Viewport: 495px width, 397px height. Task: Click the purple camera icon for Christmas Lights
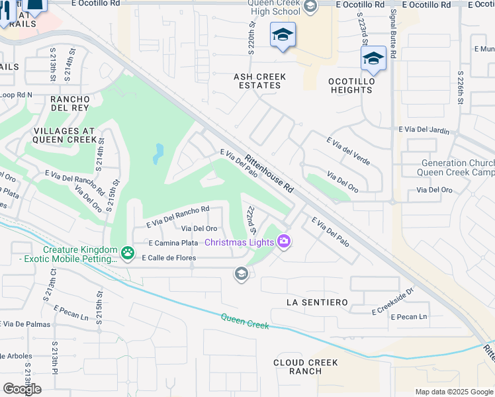(x=285, y=242)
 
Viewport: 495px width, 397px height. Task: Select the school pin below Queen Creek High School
(x=283, y=34)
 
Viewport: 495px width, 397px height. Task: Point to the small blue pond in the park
(x=157, y=154)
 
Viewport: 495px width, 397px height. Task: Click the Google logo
(x=22, y=389)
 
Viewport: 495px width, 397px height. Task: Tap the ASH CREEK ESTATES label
(x=260, y=81)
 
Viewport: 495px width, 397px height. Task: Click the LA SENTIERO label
(x=317, y=302)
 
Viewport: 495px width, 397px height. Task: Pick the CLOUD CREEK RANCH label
(x=306, y=367)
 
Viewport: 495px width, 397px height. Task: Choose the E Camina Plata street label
(x=174, y=243)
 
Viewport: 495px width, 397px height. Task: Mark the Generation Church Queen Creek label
(x=456, y=168)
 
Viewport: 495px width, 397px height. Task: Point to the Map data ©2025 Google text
(x=454, y=392)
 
